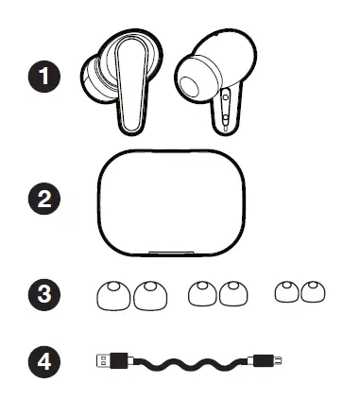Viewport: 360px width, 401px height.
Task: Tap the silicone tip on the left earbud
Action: point(94,81)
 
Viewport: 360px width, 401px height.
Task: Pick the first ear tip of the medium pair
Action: point(201,295)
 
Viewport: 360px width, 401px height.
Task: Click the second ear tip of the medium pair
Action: point(231,295)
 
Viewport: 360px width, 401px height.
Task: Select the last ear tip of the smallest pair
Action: point(310,294)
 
